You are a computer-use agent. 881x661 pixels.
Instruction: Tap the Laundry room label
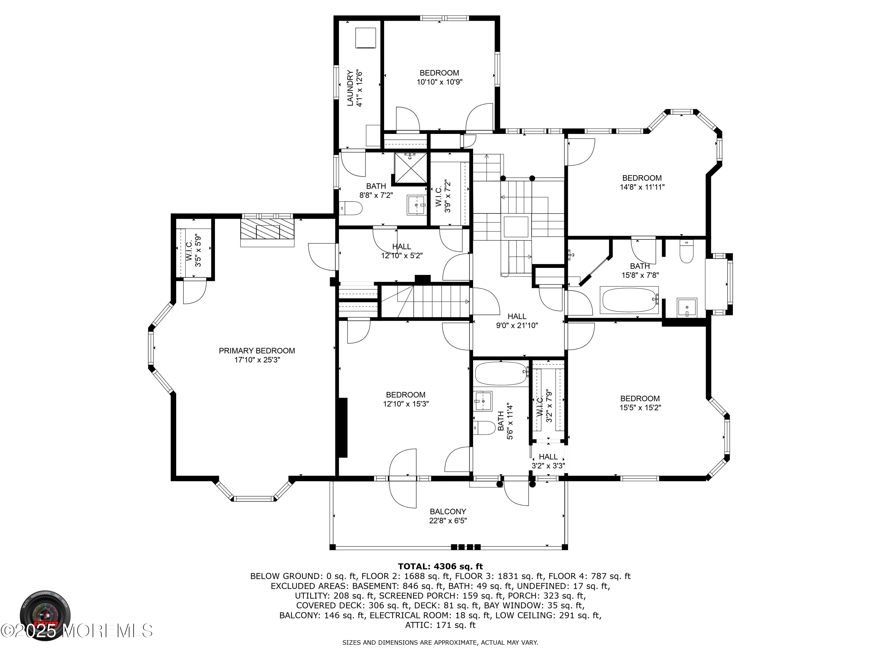click(350, 88)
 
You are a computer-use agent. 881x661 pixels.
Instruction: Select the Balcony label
click(448, 511)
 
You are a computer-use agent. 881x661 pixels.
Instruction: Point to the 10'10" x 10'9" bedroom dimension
click(439, 82)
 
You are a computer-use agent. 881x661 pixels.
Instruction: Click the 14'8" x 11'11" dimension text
click(642, 187)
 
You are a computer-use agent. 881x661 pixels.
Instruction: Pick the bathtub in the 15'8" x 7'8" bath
click(629, 300)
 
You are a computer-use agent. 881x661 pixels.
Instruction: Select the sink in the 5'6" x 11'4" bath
click(483, 400)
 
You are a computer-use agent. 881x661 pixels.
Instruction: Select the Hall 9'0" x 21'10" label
click(517, 321)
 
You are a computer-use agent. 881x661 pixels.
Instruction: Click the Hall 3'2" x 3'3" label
click(548, 461)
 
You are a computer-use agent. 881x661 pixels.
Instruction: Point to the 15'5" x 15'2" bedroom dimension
click(640, 407)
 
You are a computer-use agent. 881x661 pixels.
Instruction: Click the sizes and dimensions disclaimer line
click(440, 642)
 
